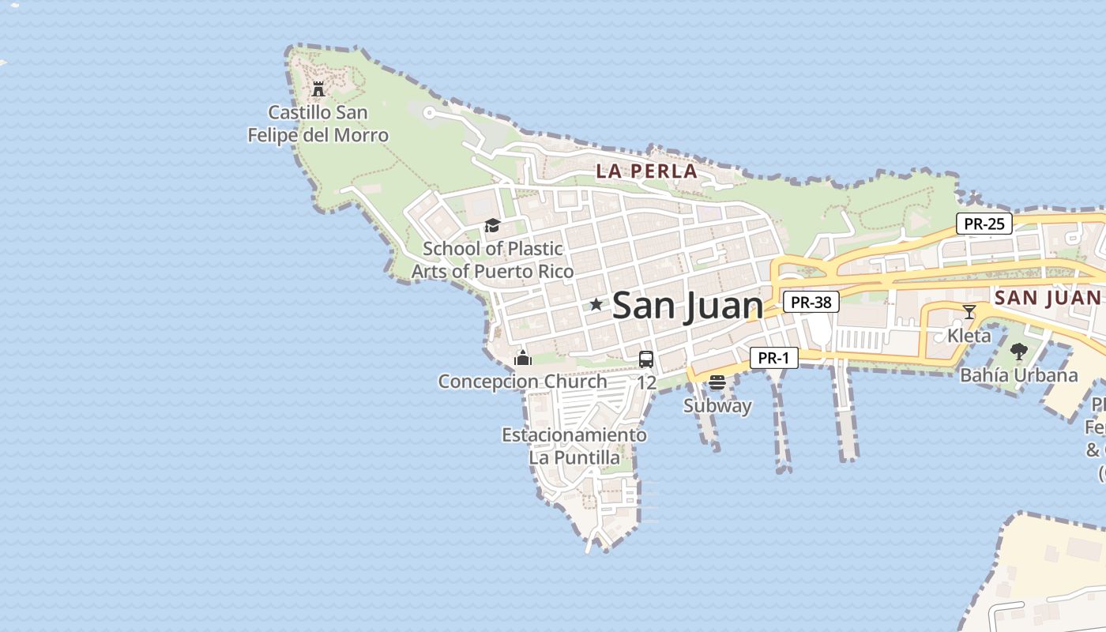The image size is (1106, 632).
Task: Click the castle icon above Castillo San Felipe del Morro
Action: tap(318, 88)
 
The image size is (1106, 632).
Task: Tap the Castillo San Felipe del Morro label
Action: tap(318, 124)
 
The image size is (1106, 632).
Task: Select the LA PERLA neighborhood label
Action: tap(646, 171)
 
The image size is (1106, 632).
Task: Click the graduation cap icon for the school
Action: tap(492, 226)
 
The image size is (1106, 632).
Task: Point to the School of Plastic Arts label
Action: tap(493, 260)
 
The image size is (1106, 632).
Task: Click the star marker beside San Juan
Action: tap(596, 305)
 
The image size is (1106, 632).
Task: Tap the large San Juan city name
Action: tap(687, 306)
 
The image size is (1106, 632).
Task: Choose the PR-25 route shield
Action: tap(984, 224)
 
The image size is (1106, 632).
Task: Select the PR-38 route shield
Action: tap(811, 302)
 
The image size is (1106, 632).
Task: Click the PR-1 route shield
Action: tap(773, 358)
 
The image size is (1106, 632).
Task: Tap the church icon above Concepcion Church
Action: tap(523, 359)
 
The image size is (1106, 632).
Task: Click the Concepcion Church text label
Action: tap(523, 382)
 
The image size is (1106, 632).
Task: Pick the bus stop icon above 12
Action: tap(646, 359)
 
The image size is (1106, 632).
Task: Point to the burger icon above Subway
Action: tap(717, 383)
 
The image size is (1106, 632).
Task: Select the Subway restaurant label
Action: tap(717, 406)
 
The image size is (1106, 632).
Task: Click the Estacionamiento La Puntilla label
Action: tap(574, 446)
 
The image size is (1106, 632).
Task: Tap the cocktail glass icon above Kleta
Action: tap(969, 312)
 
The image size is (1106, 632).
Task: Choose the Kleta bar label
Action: tap(969, 335)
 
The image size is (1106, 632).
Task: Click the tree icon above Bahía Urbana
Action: tap(1019, 352)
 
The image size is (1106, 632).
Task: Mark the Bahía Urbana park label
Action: tap(1019, 375)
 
